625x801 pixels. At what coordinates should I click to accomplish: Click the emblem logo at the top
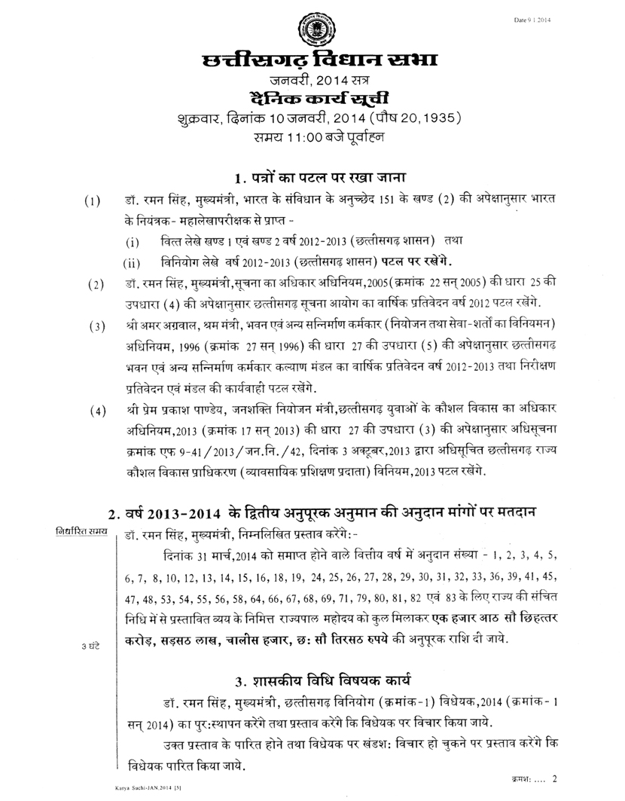coord(312,30)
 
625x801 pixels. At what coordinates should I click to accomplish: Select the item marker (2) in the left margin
coord(96,286)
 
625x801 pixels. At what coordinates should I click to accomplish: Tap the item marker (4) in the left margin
coord(96,412)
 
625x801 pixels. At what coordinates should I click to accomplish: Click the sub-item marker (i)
coord(133,243)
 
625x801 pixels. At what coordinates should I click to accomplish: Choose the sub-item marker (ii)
coord(132,264)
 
